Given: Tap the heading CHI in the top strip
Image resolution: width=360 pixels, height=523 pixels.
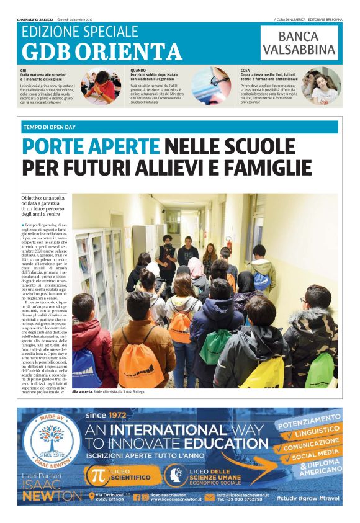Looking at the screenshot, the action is [24, 71].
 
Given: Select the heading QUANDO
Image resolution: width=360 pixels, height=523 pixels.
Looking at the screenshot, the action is [138, 71].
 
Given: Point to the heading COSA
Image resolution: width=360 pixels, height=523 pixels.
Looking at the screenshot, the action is [246, 71].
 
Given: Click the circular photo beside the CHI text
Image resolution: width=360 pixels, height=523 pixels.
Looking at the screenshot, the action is [101, 86].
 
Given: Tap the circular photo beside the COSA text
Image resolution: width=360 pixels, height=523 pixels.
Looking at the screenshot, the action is [321, 86].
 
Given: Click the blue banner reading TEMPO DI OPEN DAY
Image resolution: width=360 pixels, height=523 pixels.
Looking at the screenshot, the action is [180, 127].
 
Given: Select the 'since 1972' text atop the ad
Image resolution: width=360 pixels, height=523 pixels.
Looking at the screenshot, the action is [105, 415].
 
